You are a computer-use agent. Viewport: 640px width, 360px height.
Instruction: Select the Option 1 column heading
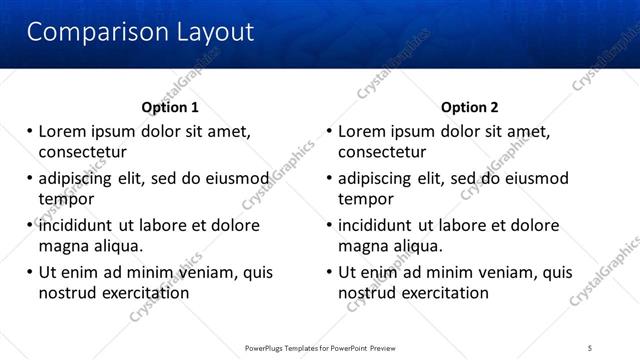point(170,107)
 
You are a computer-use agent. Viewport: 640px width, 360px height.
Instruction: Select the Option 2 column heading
point(470,107)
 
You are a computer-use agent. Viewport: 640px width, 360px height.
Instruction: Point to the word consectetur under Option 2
point(382,152)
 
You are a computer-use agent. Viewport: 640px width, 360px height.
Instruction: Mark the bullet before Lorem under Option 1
point(30,131)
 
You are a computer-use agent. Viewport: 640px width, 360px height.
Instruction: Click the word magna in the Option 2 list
point(362,246)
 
